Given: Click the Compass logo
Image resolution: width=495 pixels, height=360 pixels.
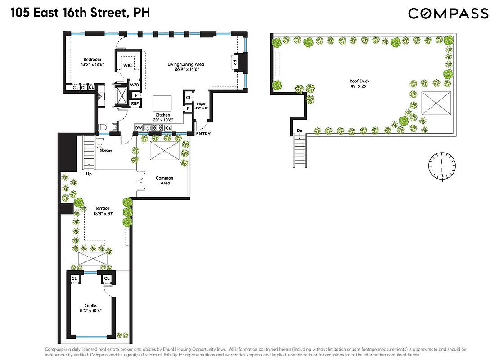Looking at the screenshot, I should pyautogui.click(x=448, y=13).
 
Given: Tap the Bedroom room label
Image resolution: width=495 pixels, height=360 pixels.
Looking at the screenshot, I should pyautogui.click(x=91, y=59).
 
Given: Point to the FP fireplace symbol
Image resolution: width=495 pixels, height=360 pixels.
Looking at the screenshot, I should pyautogui.click(x=234, y=63).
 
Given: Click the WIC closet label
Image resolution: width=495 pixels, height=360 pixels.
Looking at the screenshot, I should pyautogui.click(x=127, y=66).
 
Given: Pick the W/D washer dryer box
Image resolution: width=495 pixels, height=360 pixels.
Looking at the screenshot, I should pyautogui.click(x=134, y=85).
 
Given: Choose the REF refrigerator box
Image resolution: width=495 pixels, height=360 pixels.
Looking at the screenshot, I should pyautogui.click(x=135, y=103).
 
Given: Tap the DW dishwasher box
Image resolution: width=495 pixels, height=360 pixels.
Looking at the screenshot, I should pyautogui.click(x=139, y=128).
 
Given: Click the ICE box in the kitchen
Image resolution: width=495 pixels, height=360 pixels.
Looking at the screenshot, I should pyautogui.click(x=168, y=128).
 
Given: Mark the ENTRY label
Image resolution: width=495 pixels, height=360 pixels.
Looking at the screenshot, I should pyautogui.click(x=203, y=134).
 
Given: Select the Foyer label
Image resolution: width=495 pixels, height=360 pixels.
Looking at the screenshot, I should pyautogui.click(x=201, y=104).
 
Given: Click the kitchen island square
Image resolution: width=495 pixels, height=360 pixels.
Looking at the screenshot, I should pyautogui.click(x=162, y=103).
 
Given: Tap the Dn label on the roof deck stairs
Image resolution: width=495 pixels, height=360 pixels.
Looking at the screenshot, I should pyautogui.click(x=299, y=131).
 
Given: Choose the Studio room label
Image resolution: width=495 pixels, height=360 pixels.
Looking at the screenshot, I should pyautogui.click(x=90, y=306).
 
